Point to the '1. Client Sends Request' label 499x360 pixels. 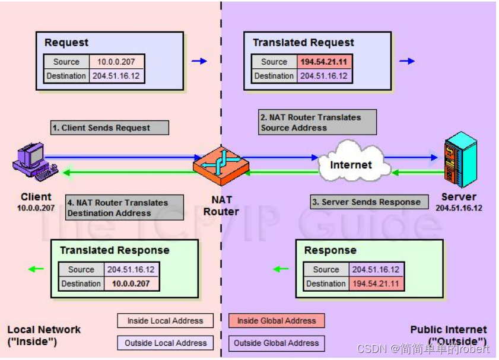109,128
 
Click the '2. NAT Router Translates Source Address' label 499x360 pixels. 317,122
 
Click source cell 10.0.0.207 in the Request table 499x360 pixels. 116,62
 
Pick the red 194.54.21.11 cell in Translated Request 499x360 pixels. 325,62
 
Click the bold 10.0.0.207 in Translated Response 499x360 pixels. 132,283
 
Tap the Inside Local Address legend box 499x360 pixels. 165,321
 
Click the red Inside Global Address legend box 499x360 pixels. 276,321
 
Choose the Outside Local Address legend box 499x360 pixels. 165,343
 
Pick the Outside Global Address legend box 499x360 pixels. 276,343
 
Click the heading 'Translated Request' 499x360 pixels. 303,43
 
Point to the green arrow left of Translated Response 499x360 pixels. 36,269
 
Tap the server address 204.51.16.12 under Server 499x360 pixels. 459,208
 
